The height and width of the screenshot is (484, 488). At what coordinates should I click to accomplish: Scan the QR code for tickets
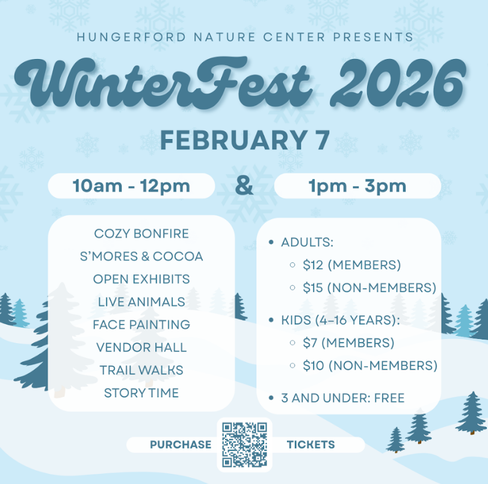click(x=245, y=444)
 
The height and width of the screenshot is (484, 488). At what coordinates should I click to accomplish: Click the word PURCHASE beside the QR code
click(x=181, y=444)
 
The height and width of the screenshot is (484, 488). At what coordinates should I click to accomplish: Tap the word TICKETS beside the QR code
click(x=310, y=444)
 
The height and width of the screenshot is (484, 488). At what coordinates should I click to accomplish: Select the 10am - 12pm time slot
click(x=131, y=186)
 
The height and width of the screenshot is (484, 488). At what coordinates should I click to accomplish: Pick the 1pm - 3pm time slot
click(x=357, y=186)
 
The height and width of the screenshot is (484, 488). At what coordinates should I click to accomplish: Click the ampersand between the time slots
click(x=244, y=185)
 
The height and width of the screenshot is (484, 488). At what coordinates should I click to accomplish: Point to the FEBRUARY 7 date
click(x=245, y=140)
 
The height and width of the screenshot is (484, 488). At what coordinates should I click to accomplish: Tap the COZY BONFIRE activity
click(x=141, y=234)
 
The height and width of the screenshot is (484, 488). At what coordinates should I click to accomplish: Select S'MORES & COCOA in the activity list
click(x=141, y=256)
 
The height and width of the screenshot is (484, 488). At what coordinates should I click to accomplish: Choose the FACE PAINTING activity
click(x=141, y=324)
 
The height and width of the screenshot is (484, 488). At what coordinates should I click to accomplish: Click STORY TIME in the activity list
click(x=141, y=393)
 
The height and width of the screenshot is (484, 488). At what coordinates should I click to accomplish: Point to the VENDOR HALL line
click(x=141, y=347)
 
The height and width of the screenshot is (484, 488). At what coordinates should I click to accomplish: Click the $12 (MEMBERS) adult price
click(x=351, y=265)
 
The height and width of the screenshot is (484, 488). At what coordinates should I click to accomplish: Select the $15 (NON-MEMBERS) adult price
click(x=369, y=288)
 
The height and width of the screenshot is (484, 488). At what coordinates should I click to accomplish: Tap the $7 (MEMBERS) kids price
click(x=348, y=343)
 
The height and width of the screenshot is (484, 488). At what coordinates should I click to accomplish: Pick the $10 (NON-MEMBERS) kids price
click(x=370, y=365)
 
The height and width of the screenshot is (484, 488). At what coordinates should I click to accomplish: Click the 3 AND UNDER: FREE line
click(x=342, y=398)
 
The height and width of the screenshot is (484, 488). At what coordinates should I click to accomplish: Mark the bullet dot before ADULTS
click(x=271, y=242)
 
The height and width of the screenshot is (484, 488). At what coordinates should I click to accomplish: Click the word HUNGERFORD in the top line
click(x=131, y=37)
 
